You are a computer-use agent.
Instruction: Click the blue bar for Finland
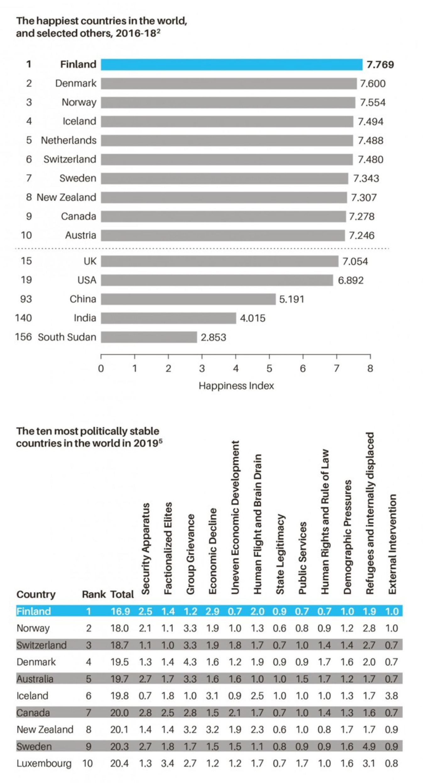coord(231,64)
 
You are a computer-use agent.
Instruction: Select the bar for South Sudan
coord(149,337)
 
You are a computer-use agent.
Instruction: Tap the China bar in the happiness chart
coord(188,299)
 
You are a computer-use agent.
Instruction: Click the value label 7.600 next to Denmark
coord(372,83)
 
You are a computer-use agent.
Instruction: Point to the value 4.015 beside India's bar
coord(253,318)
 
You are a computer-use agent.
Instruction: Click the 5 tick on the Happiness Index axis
coord(269,368)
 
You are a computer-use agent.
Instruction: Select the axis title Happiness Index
coord(236,385)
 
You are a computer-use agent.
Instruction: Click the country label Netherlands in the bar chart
coord(68,140)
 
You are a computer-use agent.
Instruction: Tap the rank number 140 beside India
coord(23,318)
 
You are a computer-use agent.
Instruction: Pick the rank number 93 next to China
coord(26,299)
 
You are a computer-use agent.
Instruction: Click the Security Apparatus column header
coord(145,548)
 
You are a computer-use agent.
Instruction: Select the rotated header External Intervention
coord(392,544)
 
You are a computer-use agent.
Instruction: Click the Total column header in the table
coord(122,594)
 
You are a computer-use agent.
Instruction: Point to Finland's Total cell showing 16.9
coord(120,611)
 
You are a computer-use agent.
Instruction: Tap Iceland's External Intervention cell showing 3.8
coord(391,696)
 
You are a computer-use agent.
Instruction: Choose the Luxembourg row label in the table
coord(44,763)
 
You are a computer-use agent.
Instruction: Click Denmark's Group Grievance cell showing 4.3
coord(190,662)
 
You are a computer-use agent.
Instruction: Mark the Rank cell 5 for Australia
coord(89,679)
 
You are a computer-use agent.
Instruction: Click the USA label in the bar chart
coord(87,280)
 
